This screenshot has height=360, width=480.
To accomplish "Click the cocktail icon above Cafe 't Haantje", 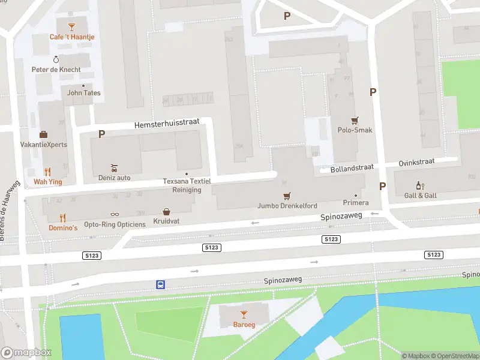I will pos(72,26).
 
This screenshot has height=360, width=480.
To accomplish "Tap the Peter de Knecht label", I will pos(56,70).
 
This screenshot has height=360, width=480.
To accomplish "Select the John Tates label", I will pos(83,93).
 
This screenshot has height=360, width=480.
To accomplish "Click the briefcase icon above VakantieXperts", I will pos(43,134).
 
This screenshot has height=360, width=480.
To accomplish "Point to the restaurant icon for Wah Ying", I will pos(47,171).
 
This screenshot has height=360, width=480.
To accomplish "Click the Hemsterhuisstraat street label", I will pos(149,124).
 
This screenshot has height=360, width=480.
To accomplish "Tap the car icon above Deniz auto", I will pos(114,167).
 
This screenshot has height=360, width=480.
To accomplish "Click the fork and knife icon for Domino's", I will pos(62,218).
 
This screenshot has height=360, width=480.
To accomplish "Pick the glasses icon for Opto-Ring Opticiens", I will pos(115,214).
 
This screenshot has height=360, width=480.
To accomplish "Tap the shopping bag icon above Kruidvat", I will pos(166,211).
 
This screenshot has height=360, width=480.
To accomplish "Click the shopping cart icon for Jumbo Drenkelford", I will pos(287,196).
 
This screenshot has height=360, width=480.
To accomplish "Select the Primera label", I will pos(355,203).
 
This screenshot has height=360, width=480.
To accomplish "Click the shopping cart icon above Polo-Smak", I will pos(355,119).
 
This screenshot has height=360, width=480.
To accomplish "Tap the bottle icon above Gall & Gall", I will pos(420,186).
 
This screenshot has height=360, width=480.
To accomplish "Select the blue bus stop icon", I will pos(160,284).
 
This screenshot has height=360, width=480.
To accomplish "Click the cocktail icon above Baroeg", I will pos(243,314).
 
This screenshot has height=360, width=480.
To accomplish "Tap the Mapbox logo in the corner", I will pos(26,353).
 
